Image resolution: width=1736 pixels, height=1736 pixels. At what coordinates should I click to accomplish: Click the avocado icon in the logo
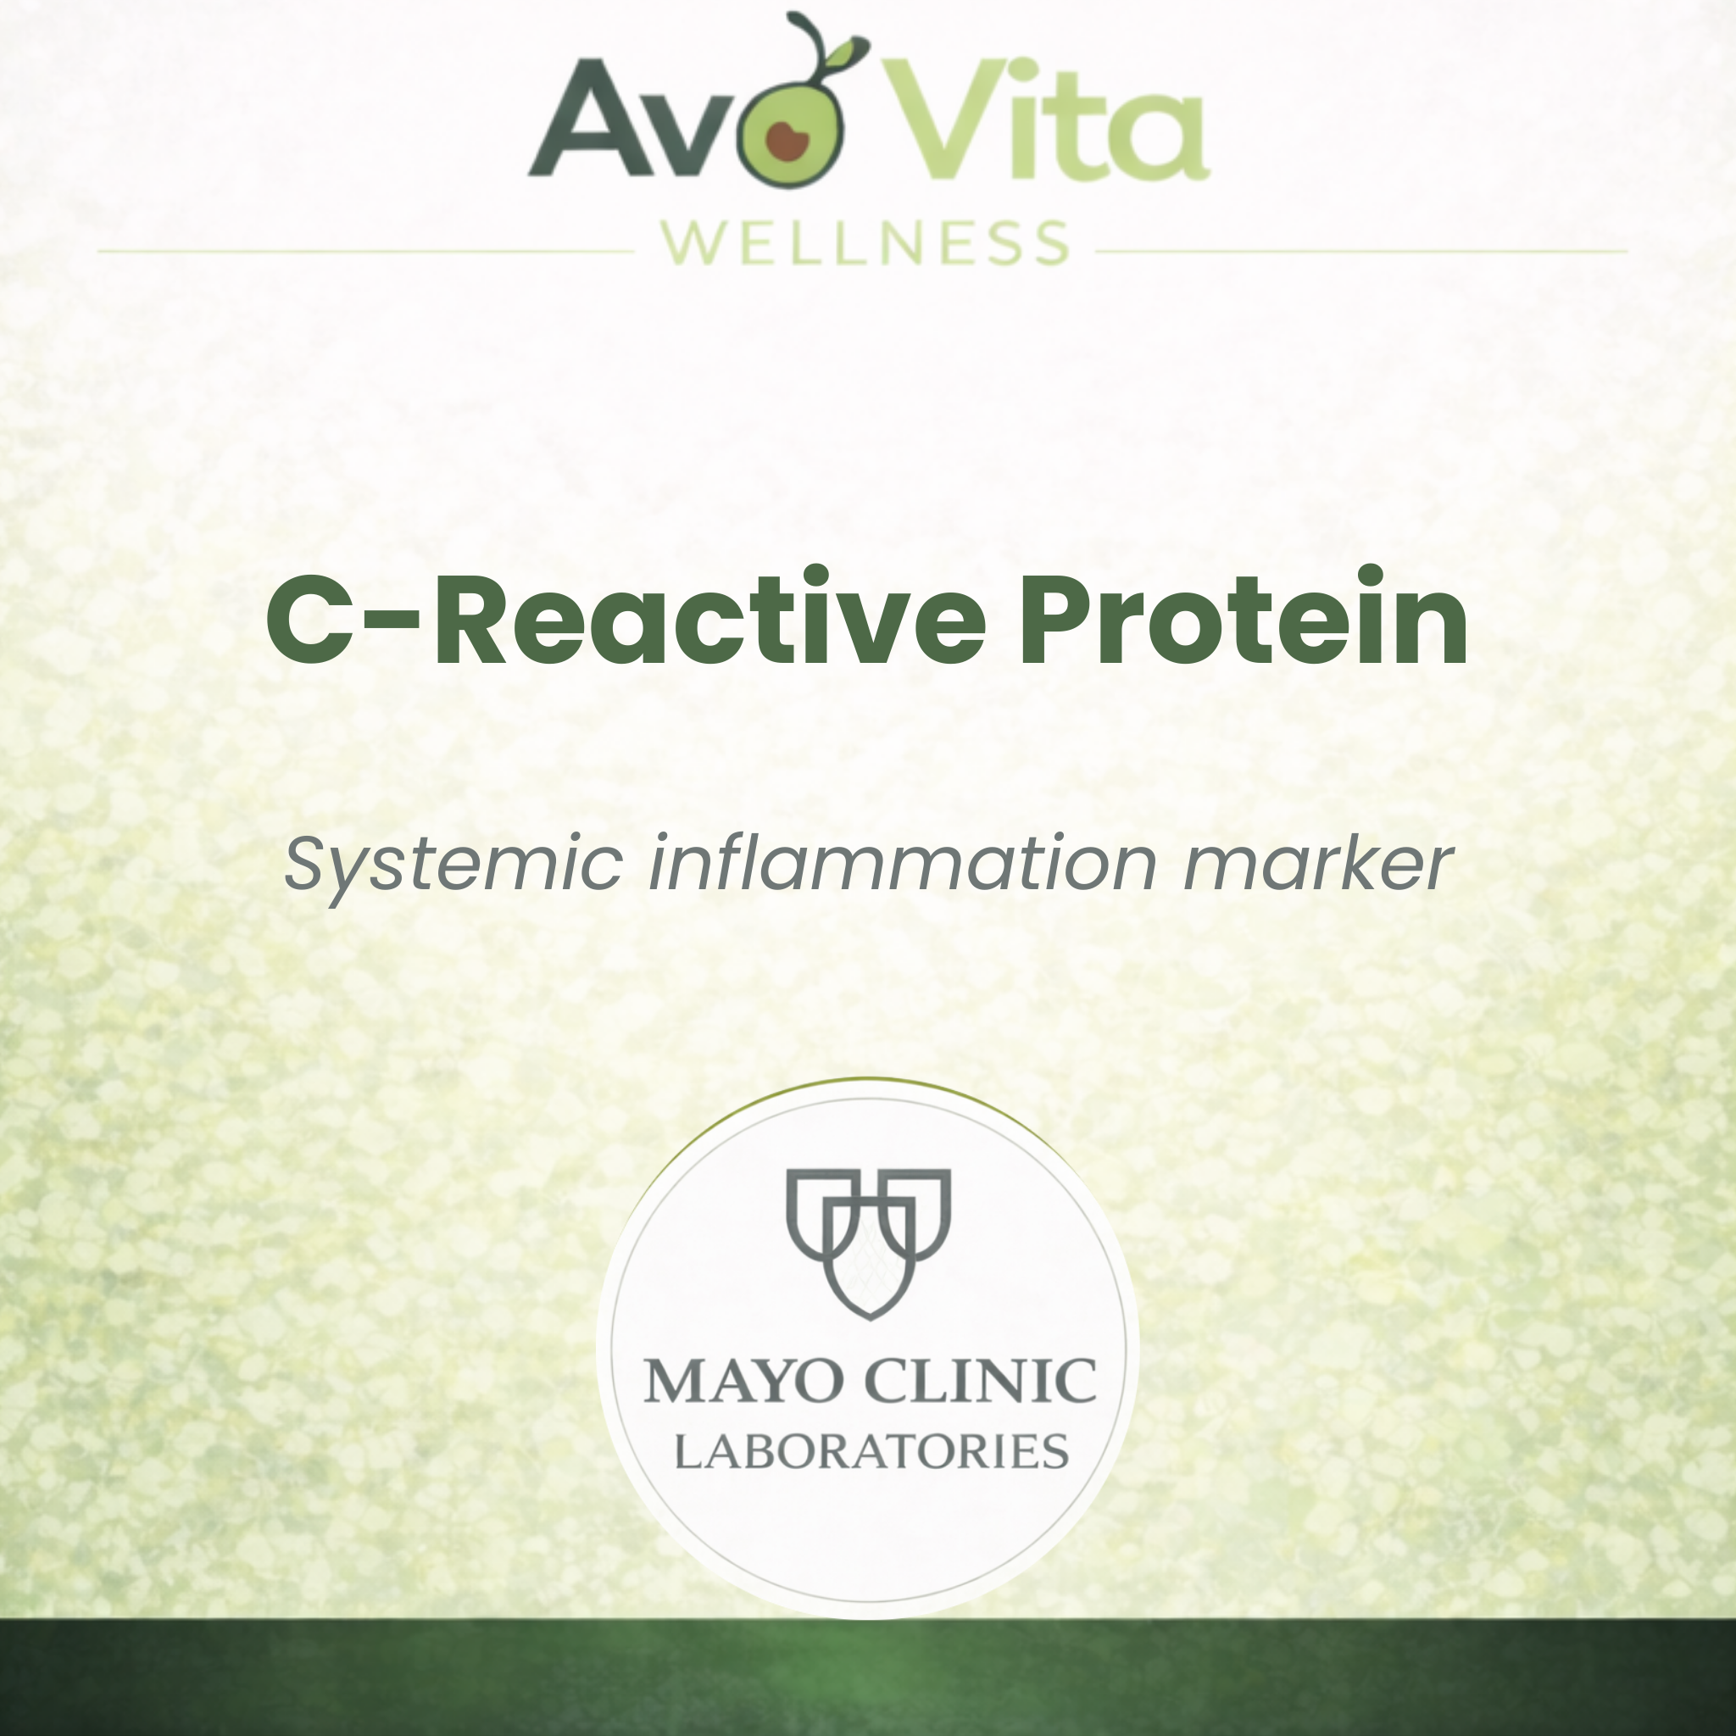[790, 135]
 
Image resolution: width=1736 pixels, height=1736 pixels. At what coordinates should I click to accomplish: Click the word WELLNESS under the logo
[865, 243]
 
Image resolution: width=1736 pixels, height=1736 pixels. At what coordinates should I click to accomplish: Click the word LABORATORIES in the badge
[871, 1452]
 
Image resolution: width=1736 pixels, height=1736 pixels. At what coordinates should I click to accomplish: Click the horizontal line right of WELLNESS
[1361, 252]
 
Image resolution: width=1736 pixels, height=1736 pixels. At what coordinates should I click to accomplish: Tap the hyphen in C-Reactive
[392, 620]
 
